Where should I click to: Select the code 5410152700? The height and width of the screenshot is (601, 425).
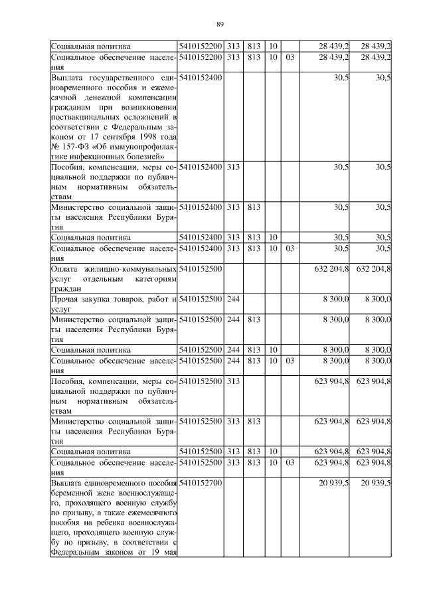coord(201,482)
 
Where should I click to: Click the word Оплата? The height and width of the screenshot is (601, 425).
coord(65,269)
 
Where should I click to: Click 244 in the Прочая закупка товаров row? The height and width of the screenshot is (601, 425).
coord(233,300)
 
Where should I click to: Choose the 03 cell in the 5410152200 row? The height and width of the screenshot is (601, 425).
coord(290,58)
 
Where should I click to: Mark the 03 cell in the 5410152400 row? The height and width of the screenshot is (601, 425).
coord(290,248)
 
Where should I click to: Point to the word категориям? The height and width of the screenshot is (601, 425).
coord(150,279)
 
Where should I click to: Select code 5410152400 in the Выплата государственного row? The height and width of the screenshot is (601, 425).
coord(201,78)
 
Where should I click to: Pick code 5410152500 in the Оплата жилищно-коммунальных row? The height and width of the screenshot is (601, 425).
coord(201,269)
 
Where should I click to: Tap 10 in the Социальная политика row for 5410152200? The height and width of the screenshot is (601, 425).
coord(272,46)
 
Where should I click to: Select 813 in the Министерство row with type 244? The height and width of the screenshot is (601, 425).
coord(253,319)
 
